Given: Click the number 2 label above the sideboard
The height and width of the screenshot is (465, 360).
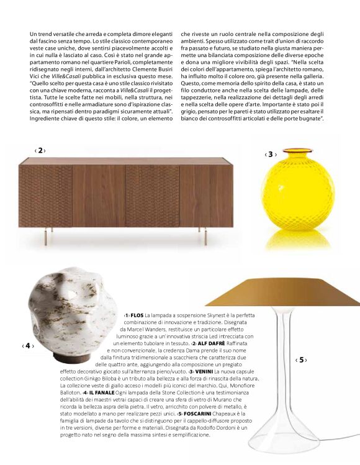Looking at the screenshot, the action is [40, 150].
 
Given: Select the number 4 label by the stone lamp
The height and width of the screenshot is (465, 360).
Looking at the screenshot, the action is [27, 345].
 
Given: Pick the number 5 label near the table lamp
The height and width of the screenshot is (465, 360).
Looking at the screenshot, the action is [301, 359].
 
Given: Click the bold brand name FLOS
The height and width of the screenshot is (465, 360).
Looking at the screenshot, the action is [137, 316].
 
